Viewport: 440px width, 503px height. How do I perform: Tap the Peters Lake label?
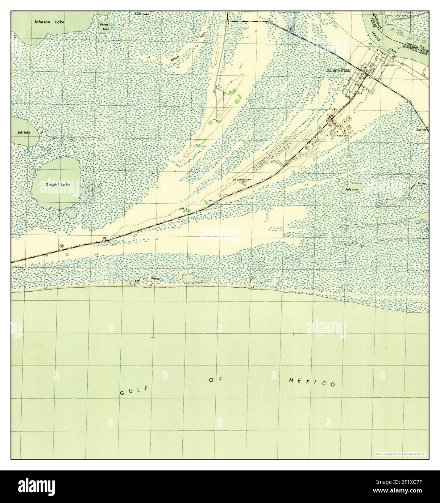click(x=105, y=27)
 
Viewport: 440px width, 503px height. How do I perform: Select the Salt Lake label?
click(x=24, y=133)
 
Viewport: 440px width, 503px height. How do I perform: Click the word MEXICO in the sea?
click(x=312, y=382)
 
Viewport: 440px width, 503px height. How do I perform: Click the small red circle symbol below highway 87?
click(x=66, y=254)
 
